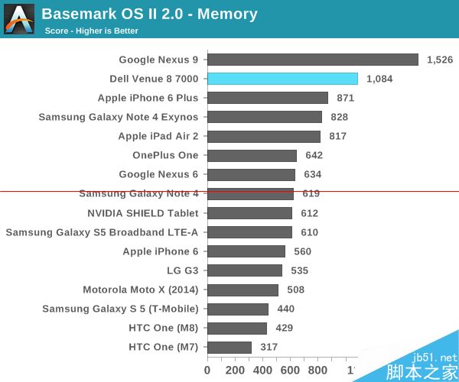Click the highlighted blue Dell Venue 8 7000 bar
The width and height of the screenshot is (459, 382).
[x=282, y=79]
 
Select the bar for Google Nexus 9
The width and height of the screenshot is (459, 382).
[x=313, y=60]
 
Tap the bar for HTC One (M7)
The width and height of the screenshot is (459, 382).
[x=229, y=348]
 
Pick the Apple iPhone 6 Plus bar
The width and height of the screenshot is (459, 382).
[x=268, y=98]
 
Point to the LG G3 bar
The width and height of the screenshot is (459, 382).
[x=245, y=270]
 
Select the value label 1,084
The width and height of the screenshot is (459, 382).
[x=380, y=79]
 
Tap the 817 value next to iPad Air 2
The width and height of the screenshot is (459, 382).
[x=337, y=136]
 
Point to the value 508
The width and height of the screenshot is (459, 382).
[x=295, y=290]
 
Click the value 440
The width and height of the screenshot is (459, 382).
[x=285, y=309]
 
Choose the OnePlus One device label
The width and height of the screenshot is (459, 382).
[x=165, y=155]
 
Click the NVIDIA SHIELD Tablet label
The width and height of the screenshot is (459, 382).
[x=143, y=213]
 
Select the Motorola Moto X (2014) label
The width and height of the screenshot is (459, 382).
[x=141, y=290]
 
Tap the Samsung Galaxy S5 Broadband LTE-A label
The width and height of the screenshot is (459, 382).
[x=102, y=232]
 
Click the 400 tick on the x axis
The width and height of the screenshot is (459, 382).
[x=263, y=371]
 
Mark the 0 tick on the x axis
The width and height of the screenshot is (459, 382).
[x=207, y=371]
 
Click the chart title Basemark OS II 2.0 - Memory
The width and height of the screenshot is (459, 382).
[x=149, y=14]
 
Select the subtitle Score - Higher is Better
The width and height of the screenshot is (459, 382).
[x=92, y=31]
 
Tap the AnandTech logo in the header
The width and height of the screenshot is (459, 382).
[x=18, y=18]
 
